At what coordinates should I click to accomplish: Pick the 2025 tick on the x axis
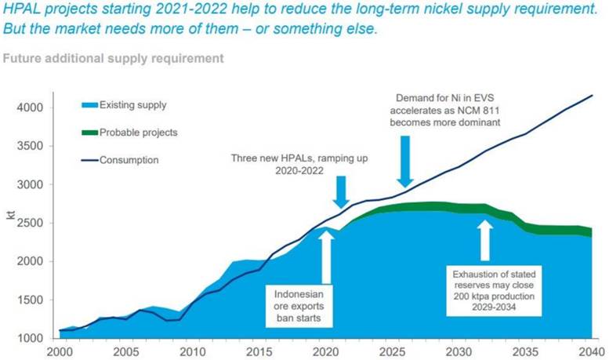point(391,352)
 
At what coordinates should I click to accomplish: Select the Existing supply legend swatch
point(93,104)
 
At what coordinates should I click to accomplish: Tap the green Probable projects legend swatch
point(93,133)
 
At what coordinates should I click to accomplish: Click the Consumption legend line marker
point(93,160)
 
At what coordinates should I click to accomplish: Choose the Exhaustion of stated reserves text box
point(494,291)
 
